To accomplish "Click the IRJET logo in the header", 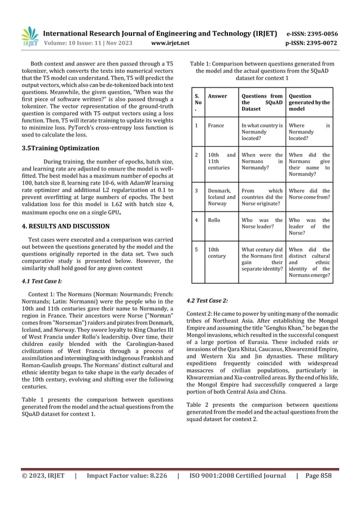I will [29, 35].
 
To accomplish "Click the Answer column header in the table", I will [217, 96].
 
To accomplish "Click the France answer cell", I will [216, 125].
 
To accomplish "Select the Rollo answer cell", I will [214, 220].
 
